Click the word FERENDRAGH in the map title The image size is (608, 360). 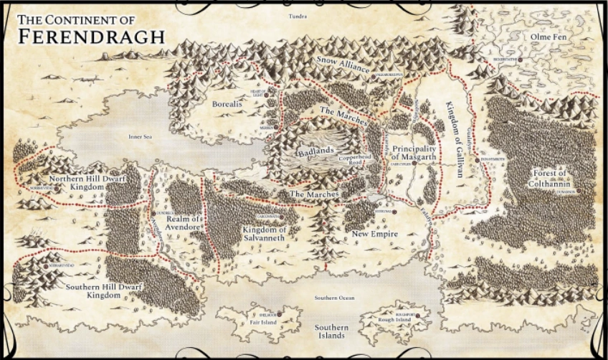click(91, 36)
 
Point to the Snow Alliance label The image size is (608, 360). click(343, 67)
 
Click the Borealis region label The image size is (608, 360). click(228, 104)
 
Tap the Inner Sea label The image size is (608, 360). click(141, 136)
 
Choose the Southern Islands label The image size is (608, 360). click(332, 331)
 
